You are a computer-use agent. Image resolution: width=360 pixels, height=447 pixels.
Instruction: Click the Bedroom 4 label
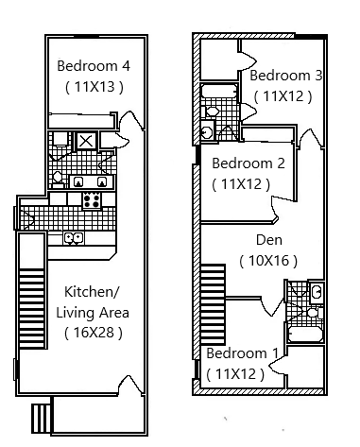[x=93, y=66]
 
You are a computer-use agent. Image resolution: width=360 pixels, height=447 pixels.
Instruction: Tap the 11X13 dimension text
[x=93, y=87]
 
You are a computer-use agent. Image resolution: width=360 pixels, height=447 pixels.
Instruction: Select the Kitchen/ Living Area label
[x=92, y=302]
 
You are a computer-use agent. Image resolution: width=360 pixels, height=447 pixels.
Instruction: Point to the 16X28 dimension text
[x=93, y=332]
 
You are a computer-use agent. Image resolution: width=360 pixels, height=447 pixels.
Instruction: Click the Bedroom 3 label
[x=286, y=76]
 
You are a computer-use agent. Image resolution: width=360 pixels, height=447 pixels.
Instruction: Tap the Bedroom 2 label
[x=249, y=163]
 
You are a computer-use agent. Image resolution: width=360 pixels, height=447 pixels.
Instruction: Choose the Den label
[x=269, y=240]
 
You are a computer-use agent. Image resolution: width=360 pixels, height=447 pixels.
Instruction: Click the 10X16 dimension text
[x=269, y=260]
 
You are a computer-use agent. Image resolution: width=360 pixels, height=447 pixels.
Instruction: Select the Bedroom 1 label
[x=242, y=353]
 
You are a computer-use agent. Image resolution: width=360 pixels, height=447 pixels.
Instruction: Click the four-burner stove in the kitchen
[x=93, y=200]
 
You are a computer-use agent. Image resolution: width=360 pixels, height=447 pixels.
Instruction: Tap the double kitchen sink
[x=73, y=237]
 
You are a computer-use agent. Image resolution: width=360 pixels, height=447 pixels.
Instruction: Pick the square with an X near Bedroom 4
[x=86, y=142]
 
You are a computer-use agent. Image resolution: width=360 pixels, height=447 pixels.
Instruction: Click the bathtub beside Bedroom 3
[x=218, y=92]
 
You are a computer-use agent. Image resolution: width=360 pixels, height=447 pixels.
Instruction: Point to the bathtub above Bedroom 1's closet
[x=304, y=333]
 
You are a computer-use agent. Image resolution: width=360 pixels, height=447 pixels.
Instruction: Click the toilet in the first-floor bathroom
[x=58, y=177]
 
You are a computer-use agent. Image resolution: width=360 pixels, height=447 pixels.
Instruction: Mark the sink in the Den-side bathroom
[x=316, y=293]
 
